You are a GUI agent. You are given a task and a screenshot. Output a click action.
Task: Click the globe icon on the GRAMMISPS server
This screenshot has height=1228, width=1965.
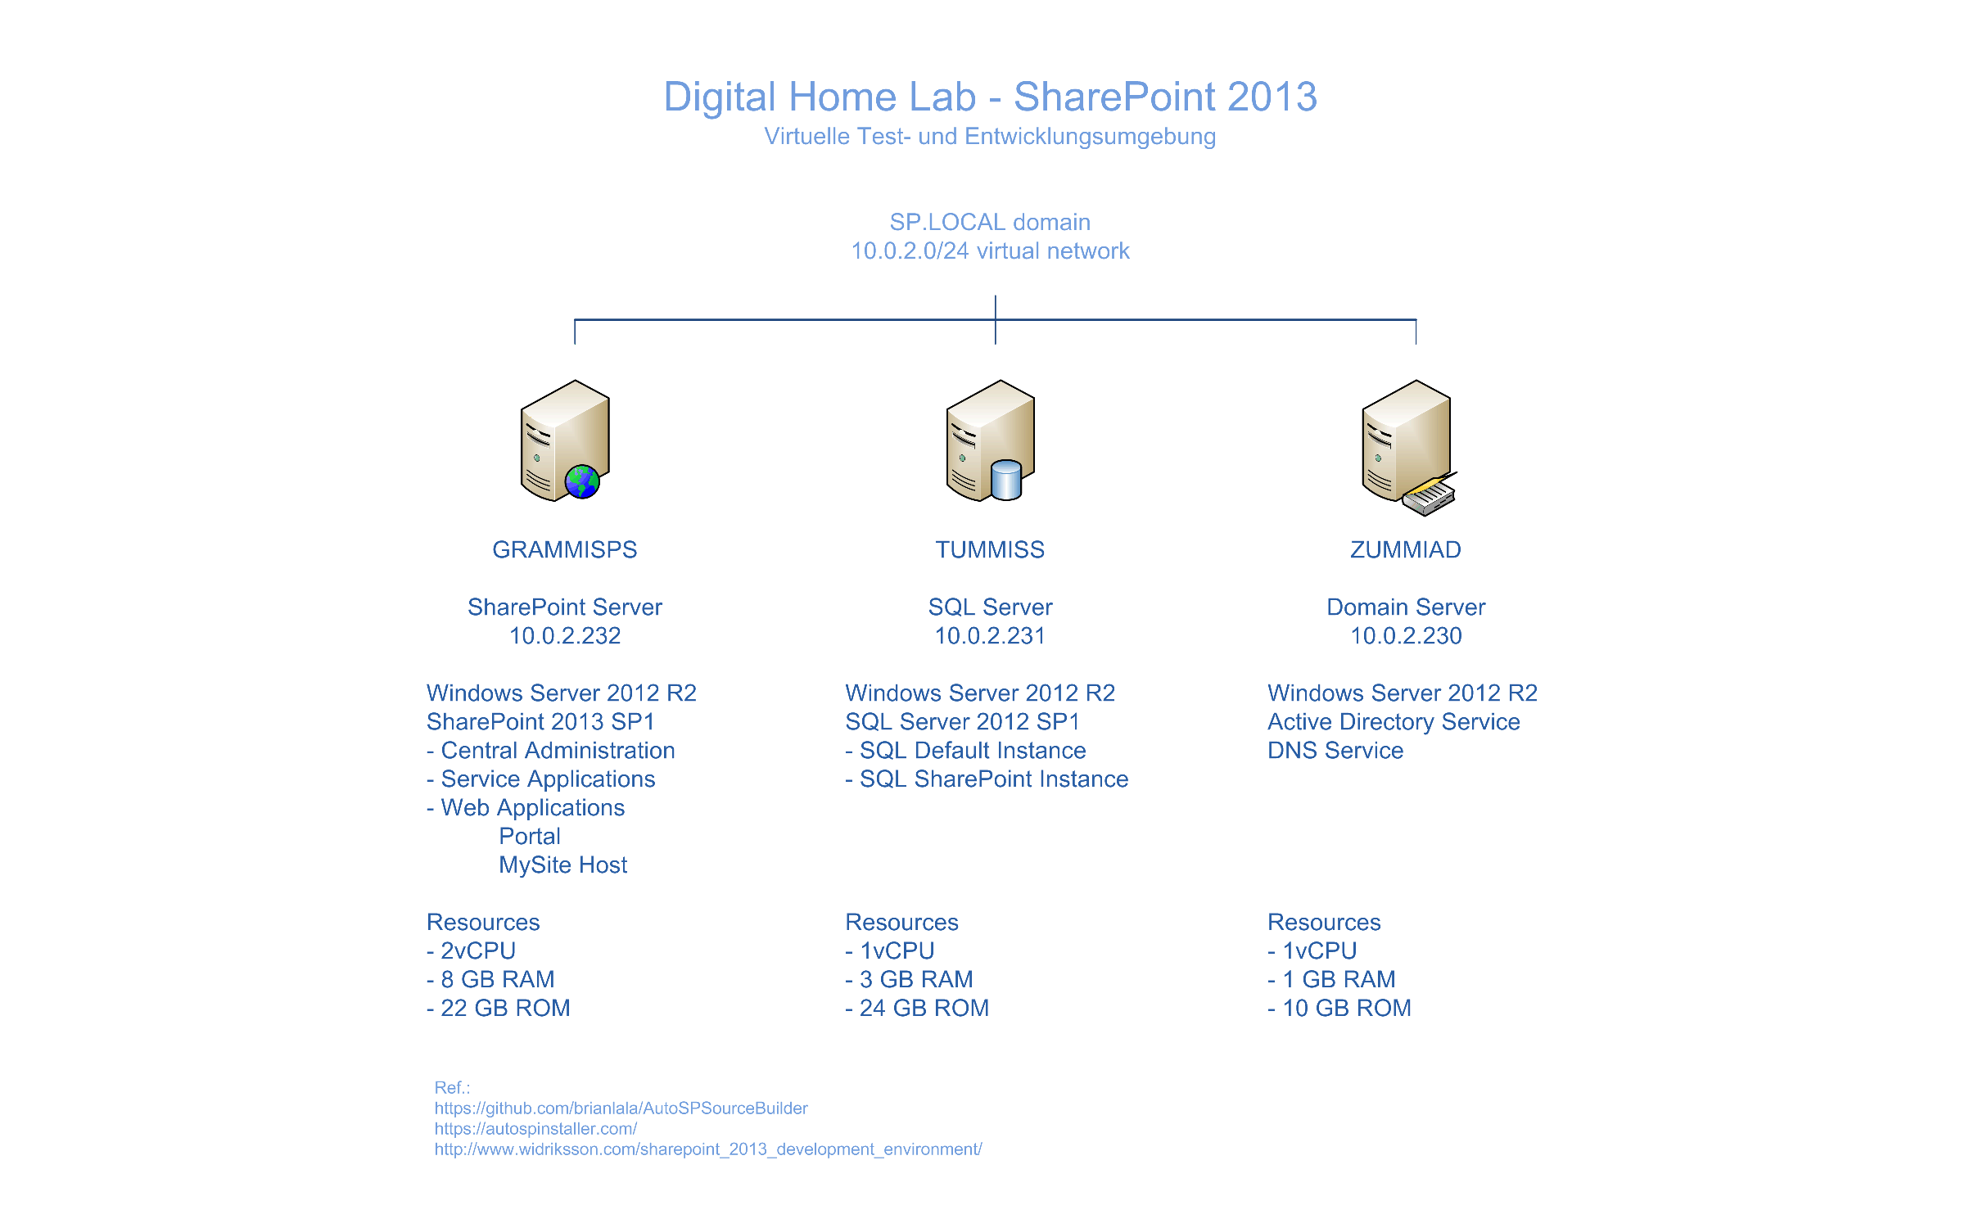582,481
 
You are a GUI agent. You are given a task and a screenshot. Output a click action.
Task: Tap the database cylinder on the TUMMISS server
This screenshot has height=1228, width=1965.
1006,480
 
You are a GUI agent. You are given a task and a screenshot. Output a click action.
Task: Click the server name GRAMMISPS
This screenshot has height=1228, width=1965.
565,549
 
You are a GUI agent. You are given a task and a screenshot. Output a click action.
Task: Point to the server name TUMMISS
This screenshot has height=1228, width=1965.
990,549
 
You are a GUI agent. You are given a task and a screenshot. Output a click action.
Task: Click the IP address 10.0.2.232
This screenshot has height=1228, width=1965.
565,635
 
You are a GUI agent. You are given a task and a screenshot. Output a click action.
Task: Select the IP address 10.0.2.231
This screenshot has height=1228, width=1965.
990,635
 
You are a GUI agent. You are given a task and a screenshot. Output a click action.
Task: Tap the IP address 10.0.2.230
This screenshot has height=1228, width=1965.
1406,635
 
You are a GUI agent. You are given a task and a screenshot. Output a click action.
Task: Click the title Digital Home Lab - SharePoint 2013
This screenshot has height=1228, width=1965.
990,97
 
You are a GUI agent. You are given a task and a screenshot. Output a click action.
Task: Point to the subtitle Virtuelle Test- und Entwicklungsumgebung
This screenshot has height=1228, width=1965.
990,136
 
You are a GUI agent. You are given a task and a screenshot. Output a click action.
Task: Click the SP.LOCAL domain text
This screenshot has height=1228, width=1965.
990,222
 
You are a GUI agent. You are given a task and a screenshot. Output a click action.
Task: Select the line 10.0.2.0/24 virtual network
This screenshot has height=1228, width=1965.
990,251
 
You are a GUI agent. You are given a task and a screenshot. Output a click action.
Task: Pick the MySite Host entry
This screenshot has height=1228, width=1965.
563,865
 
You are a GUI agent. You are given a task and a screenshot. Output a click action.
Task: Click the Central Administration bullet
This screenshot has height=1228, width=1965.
551,750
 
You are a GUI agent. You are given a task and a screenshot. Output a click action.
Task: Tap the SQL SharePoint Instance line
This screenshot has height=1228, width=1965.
987,779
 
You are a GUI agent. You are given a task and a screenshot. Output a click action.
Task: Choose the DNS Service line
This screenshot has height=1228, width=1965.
1335,750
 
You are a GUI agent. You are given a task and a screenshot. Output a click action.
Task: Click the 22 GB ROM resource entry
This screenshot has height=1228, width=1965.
499,1008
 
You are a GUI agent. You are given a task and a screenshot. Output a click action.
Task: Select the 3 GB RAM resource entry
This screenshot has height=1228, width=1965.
910,979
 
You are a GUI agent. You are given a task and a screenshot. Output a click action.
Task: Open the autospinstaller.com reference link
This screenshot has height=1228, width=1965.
535,1129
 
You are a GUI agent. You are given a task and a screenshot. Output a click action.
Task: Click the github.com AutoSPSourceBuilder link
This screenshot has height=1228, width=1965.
621,1108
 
